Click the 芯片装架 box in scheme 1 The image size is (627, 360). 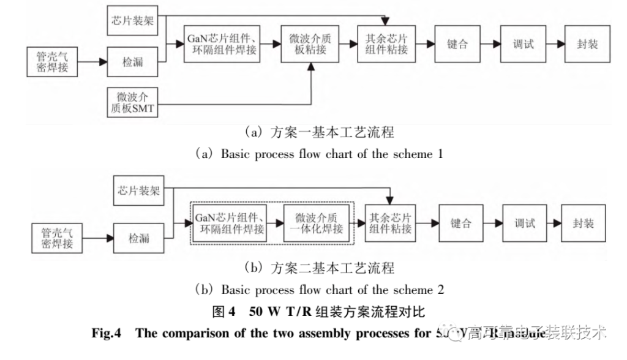point(133,21)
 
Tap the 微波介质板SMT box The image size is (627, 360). point(133,102)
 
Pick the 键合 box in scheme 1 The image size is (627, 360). point(457,44)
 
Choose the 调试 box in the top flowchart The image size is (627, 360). point(522,44)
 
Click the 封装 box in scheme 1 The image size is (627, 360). point(587,44)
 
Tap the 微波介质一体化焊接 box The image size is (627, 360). point(315,223)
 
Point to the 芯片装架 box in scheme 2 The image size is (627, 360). point(139,190)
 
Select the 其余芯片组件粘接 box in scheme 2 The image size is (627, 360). point(390,223)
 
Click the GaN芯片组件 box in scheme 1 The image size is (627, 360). point(222,43)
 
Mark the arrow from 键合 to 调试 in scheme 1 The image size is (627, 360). point(489,44)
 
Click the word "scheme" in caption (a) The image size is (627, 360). point(412,154)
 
